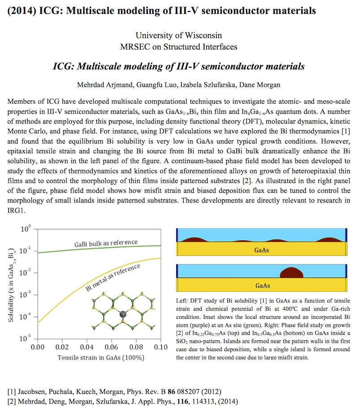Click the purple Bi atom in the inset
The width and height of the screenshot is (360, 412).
click(x=123, y=314)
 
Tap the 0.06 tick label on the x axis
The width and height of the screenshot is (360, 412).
click(x=112, y=347)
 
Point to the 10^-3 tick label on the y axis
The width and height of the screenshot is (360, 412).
click(x=25, y=295)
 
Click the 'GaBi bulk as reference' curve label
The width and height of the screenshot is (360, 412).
click(x=106, y=243)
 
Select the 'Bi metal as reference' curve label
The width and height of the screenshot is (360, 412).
click(x=113, y=278)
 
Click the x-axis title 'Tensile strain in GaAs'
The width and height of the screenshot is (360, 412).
click(x=101, y=358)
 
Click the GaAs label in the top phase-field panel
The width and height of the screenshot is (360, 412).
click(x=261, y=250)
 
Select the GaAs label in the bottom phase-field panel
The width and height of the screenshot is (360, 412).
click(x=263, y=286)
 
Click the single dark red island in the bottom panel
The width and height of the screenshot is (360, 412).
click(x=291, y=273)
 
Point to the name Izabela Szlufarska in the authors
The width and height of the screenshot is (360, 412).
click(x=208, y=85)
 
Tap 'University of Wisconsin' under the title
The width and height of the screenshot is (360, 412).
click(x=179, y=35)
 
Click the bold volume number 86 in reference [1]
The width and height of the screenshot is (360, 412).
click(x=171, y=392)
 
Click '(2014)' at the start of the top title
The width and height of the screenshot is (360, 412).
click(x=22, y=11)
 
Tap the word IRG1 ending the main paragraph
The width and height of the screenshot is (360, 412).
click(x=16, y=210)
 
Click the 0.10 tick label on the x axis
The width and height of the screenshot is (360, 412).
click(x=161, y=347)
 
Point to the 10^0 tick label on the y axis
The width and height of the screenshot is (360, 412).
click(x=26, y=229)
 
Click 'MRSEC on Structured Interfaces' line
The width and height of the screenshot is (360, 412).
click(x=179, y=47)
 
